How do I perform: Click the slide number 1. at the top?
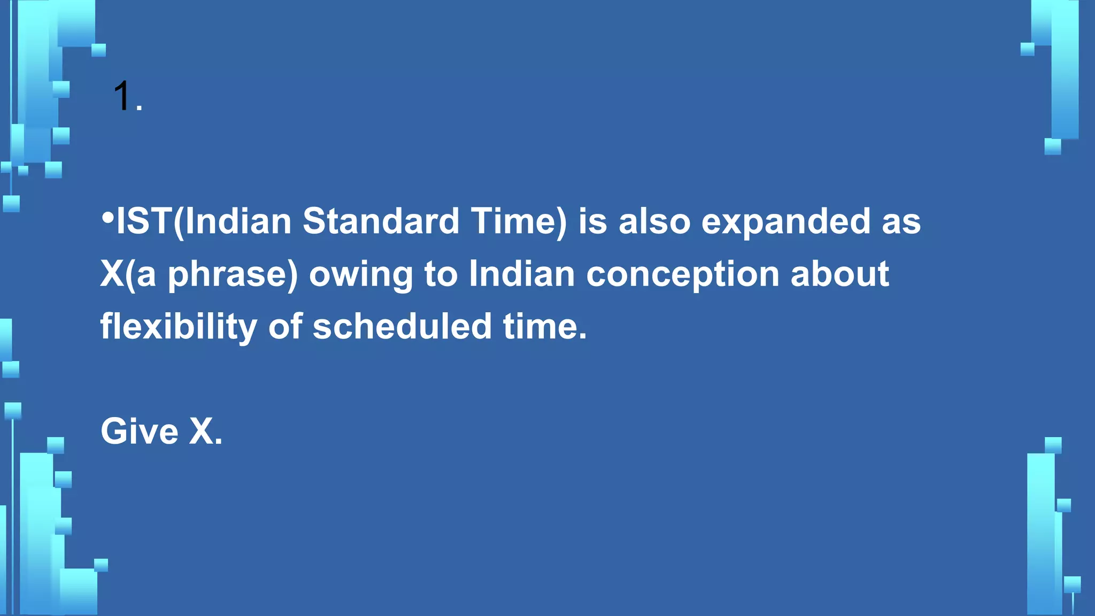[x=127, y=97]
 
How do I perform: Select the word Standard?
[x=381, y=221]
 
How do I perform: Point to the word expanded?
[x=785, y=221]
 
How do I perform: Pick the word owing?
[x=361, y=274]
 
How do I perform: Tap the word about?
[x=839, y=274]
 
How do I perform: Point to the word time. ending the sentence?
[x=545, y=326]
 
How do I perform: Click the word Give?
[x=139, y=431]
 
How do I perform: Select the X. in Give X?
[x=206, y=431]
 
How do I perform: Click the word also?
[x=654, y=221]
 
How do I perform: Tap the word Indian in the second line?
[x=521, y=274]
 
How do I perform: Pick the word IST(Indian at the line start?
[x=204, y=221]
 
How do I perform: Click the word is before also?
[x=592, y=221]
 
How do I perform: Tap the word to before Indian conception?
[x=441, y=274]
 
